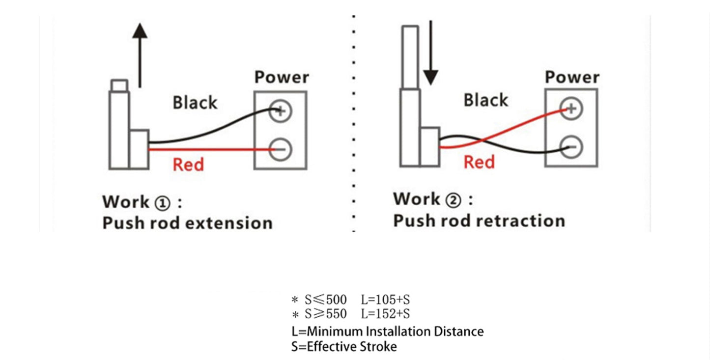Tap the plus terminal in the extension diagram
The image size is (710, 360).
[281, 111]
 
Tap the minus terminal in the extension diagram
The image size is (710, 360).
[281, 148]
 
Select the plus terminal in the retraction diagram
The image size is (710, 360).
[571, 109]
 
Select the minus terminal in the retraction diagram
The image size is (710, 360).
[571, 146]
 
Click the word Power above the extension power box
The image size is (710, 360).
[282, 78]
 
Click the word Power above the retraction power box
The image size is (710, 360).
[572, 77]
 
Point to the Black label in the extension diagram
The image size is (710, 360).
[195, 103]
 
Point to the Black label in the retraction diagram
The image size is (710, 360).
[486, 100]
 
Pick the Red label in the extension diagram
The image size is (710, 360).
[188, 165]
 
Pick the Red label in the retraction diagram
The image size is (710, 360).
[479, 162]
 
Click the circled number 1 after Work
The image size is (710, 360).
[162, 203]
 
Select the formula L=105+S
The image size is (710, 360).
[385, 299]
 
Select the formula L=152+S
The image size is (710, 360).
[385, 314]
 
